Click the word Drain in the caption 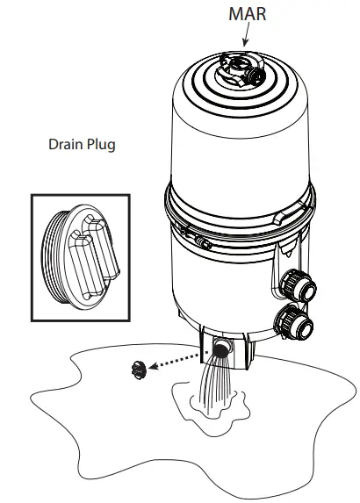point(67,144)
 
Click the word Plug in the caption point(100,145)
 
